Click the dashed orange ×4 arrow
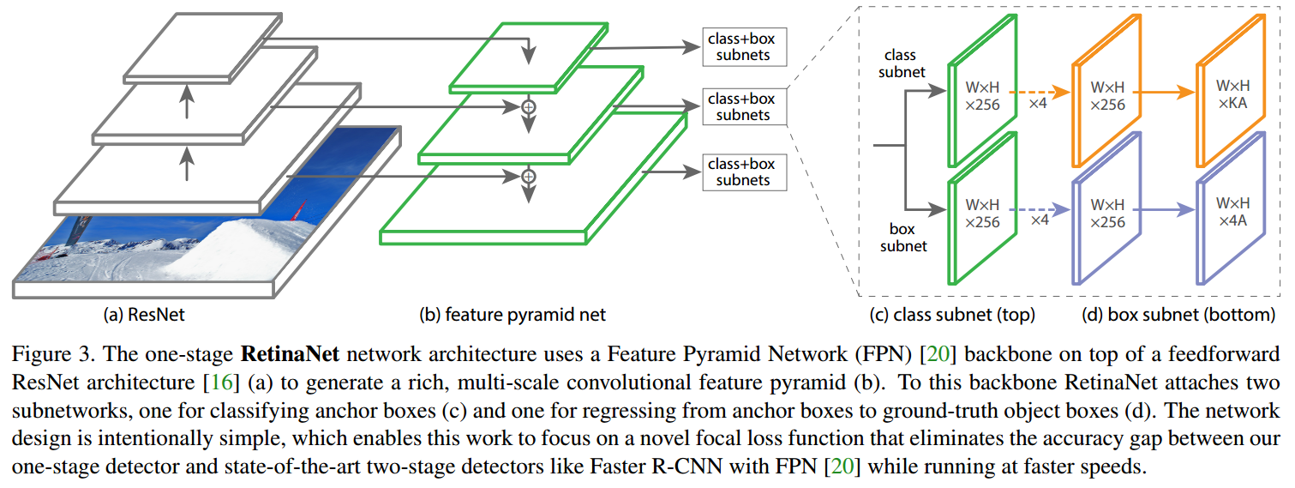pos(1039,92)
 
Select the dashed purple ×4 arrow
pos(1039,209)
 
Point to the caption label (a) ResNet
pos(144,315)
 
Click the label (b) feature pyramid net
pos(513,315)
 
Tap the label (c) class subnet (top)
pos(952,315)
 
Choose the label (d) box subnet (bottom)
pos(1185,315)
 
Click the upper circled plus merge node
pos(529,107)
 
